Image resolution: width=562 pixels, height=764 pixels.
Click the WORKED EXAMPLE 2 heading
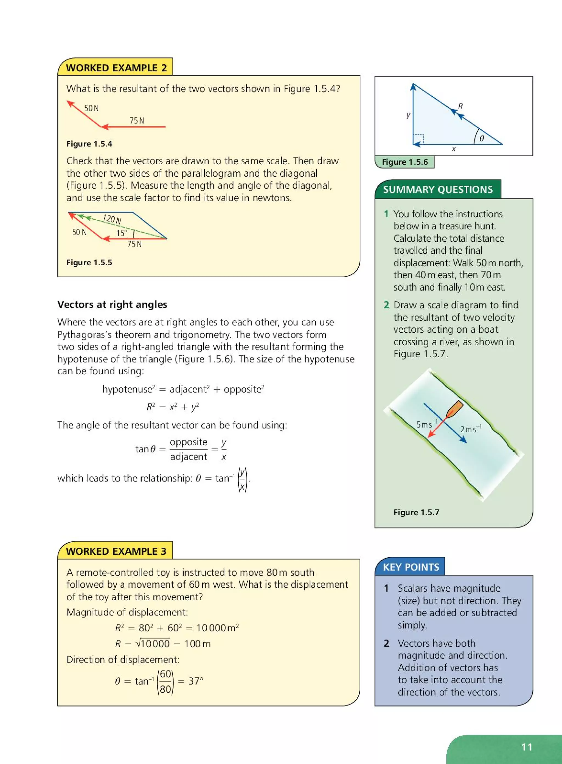point(116,68)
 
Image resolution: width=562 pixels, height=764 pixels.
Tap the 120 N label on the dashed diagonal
point(112,219)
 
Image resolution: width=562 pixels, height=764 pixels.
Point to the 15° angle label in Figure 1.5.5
point(122,233)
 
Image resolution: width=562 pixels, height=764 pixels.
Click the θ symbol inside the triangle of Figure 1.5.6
point(481,138)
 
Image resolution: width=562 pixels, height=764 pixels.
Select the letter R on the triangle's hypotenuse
point(460,106)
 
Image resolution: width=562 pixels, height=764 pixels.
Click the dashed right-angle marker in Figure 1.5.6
point(419,139)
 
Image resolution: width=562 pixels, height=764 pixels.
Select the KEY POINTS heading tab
point(411,567)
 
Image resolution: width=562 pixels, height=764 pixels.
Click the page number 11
point(527,747)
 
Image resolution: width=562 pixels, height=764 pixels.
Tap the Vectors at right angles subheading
point(112,304)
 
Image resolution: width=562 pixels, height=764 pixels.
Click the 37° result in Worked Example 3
point(196,681)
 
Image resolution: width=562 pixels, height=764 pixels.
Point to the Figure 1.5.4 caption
point(89,144)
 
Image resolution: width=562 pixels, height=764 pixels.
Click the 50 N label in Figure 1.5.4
point(91,108)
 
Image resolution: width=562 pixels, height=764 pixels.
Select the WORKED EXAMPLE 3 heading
point(116,551)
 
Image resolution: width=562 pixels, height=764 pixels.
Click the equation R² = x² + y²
point(173,407)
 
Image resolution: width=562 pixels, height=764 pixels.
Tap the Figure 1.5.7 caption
point(416,512)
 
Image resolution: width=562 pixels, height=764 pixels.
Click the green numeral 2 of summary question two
point(386,305)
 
